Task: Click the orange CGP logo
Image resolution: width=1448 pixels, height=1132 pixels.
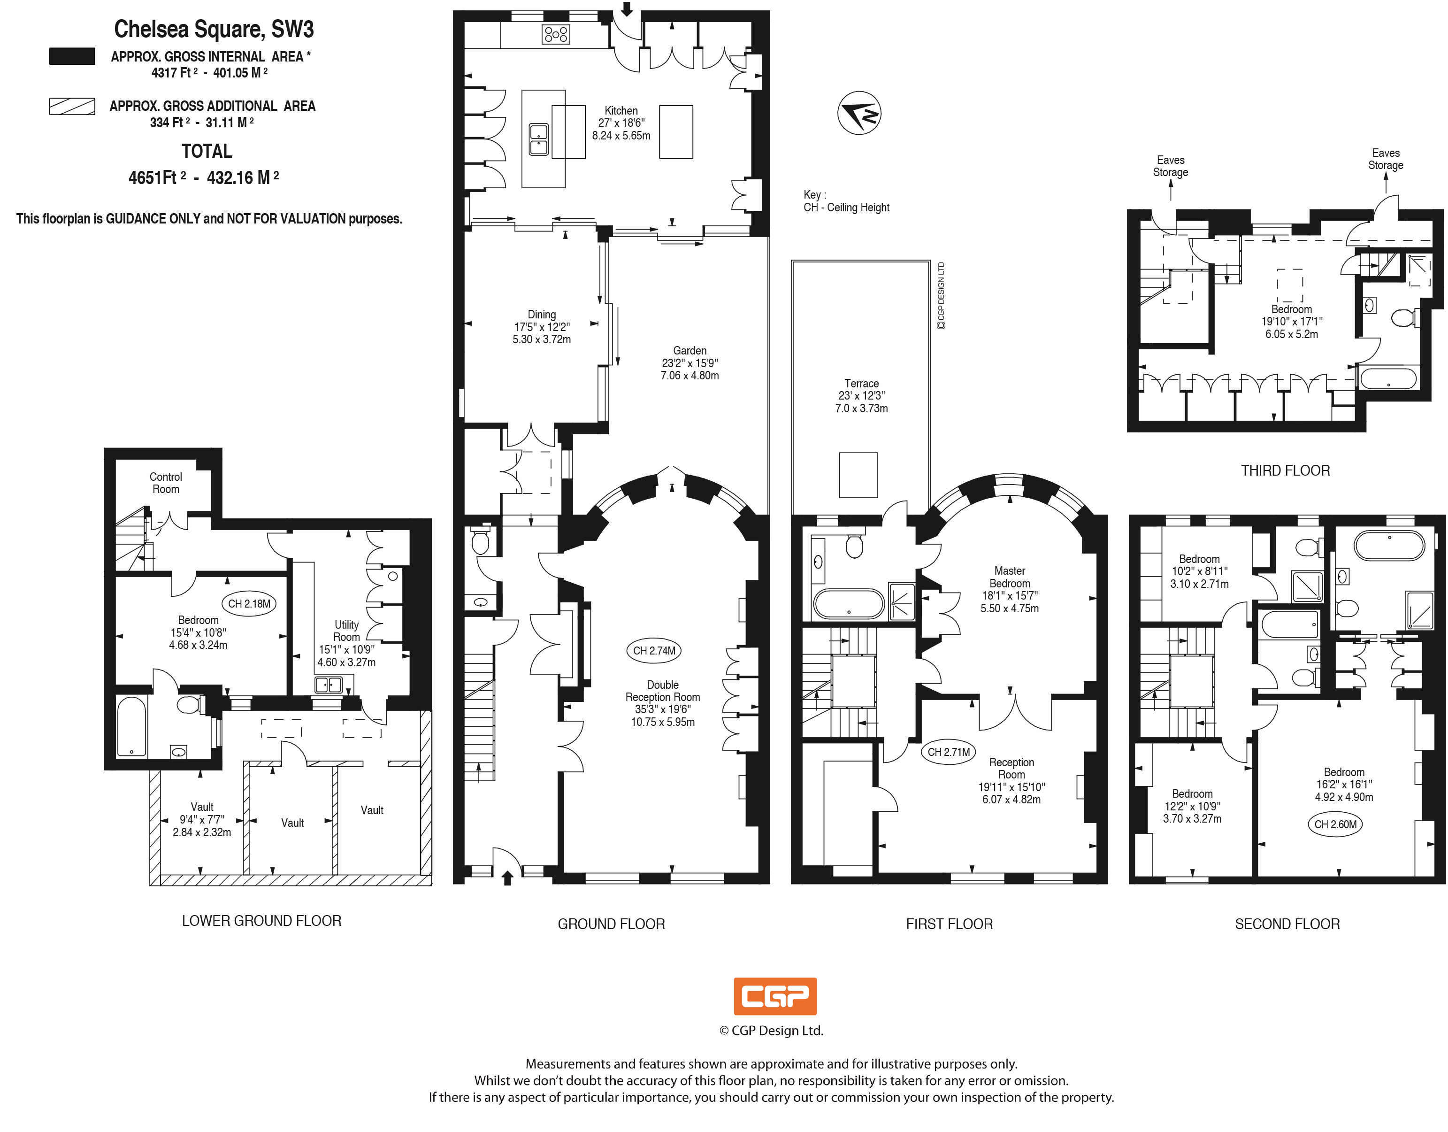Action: click(774, 996)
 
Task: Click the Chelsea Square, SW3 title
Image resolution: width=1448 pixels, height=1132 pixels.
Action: click(214, 29)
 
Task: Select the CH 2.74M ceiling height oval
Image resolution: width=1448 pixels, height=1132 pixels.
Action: click(654, 651)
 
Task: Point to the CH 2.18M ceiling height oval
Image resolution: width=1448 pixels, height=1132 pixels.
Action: click(249, 603)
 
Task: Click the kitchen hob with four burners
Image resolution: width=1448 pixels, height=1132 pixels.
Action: click(556, 34)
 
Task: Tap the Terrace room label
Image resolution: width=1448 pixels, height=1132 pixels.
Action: click(861, 383)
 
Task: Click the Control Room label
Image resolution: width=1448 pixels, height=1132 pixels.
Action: click(166, 483)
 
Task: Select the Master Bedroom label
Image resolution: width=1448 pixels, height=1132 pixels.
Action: click(1009, 577)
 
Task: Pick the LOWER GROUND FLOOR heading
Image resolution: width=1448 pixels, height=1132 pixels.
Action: click(261, 920)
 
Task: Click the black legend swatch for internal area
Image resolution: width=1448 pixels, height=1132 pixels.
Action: click(72, 56)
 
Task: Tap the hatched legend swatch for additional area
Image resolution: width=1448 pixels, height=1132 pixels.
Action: click(72, 106)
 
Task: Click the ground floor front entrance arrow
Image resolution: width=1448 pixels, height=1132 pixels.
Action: click(508, 878)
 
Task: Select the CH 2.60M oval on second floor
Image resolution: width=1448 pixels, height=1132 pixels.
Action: click(1335, 824)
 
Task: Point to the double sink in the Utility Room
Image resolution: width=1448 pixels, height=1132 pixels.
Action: click(328, 685)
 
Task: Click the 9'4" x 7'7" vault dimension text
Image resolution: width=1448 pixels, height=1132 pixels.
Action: click(201, 820)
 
